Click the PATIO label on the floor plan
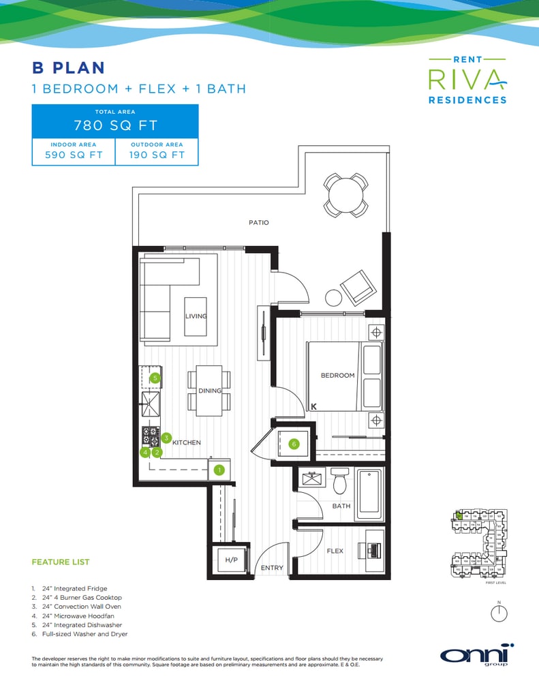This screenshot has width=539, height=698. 259,223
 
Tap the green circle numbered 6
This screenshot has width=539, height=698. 294,444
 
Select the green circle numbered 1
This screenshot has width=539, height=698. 219,470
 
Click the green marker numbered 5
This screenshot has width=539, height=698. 155,378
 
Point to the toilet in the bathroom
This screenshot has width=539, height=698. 340,482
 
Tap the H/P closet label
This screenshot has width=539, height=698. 231,560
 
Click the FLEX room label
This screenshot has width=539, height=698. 335,551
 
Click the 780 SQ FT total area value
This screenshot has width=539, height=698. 115,125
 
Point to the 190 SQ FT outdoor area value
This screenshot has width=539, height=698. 157,155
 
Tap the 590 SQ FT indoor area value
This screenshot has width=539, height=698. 74,155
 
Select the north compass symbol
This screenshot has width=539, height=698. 499,613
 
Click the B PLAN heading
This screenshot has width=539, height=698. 68,67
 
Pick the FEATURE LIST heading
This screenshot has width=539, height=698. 61,562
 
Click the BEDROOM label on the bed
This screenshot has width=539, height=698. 338,376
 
